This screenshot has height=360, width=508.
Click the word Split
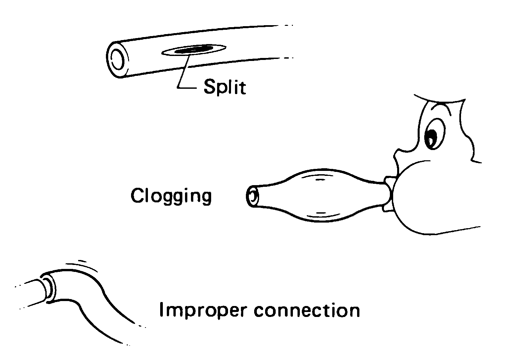pyautogui.click(x=225, y=87)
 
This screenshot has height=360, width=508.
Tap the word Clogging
pyautogui.click(x=171, y=196)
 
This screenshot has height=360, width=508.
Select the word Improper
pyautogui.click(x=203, y=311)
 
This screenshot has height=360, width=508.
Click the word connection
pyautogui.click(x=306, y=310)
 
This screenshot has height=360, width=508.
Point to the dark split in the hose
pyautogui.click(x=194, y=50)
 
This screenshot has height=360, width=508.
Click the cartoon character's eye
pyautogui.click(x=431, y=136)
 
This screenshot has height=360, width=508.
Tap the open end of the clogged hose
pyautogui.click(x=252, y=196)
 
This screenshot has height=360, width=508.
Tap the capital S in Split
pyautogui.click(x=209, y=87)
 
